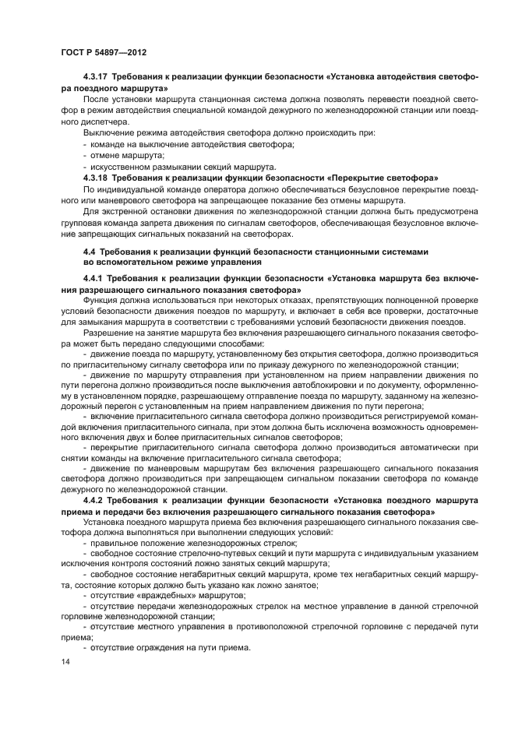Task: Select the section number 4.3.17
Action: pos(97,78)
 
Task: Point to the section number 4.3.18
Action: pos(97,178)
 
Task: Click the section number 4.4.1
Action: pos(94,278)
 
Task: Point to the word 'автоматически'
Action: pos(414,449)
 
